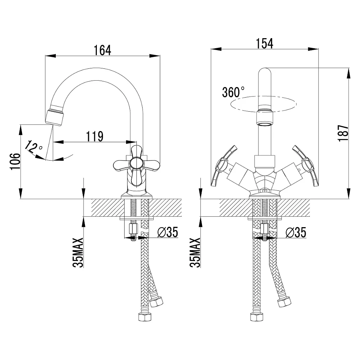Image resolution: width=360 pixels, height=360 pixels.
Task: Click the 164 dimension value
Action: coord(102,50)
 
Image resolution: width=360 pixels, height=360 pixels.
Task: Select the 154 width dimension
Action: coord(265,44)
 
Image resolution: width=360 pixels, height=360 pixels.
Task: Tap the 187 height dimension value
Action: coord(343,133)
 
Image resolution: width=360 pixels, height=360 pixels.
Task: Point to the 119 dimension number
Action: coord(95,136)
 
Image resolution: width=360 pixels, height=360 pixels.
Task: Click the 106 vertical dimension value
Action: coord(15,161)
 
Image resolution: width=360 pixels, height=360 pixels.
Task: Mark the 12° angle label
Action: coord(33,147)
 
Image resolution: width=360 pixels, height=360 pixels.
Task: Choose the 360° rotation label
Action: coord(233,92)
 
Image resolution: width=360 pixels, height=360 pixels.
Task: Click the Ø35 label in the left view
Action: coord(168,232)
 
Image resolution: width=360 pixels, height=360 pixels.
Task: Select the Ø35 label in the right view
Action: coord(296,233)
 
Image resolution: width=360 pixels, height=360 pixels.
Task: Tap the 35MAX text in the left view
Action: coord(78,253)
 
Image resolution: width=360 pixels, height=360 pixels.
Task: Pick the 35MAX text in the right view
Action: coord(195,253)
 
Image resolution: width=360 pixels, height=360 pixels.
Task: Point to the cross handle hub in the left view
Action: coord(135,164)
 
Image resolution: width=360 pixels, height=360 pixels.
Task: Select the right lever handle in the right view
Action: coord(306,165)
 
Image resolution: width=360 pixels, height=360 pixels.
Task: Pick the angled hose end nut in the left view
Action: coord(156,301)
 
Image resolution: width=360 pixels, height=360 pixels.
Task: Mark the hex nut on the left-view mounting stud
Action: coord(133,228)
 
